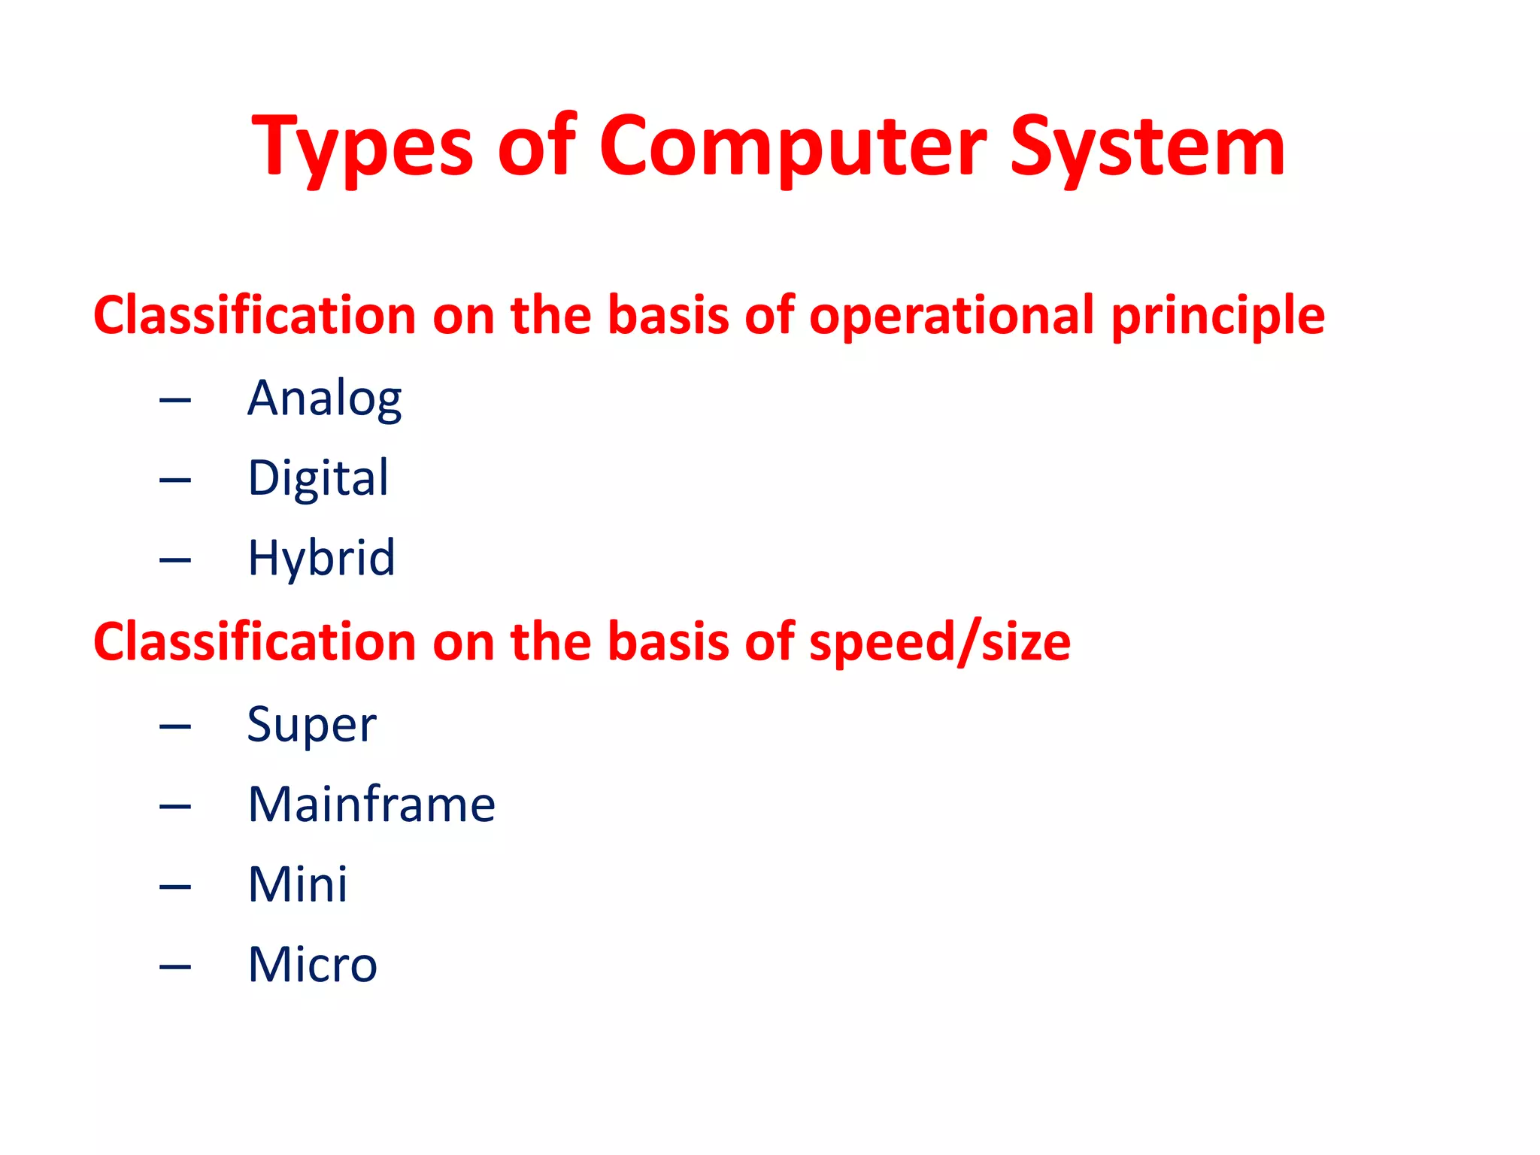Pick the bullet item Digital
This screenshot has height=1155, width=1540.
pos(318,478)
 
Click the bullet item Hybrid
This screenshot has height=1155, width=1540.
pos(321,558)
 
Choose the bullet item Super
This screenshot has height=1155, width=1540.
pos(311,725)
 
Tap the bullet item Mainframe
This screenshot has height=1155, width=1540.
pos(371,805)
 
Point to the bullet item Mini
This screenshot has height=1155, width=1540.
pos(298,884)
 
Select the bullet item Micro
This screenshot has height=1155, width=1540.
pos(312,965)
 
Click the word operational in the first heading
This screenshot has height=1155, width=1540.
pos(950,315)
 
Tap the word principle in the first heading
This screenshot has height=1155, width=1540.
pos(1217,315)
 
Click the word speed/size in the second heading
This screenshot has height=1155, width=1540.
pos(939,643)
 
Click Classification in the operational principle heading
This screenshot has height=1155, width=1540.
pos(254,315)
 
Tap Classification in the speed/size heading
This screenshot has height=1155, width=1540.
pos(254,643)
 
